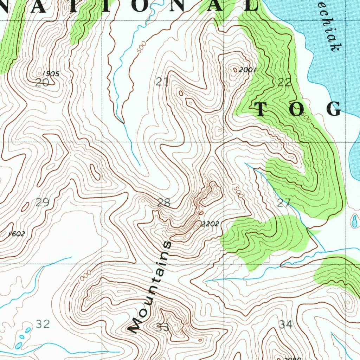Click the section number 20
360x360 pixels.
tap(42, 83)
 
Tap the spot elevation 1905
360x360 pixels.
tap(51, 74)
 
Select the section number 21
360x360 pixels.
tap(162, 82)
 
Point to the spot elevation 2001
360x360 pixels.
tap(247, 70)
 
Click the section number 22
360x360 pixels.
tap(284, 83)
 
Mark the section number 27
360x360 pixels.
tap(284, 203)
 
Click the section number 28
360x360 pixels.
tap(164, 202)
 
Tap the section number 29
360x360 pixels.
tap(42, 202)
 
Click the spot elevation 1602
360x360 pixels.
tap(17, 234)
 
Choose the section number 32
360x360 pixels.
tap(43, 324)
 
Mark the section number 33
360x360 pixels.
tap(163, 328)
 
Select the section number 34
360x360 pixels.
tap(286, 324)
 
